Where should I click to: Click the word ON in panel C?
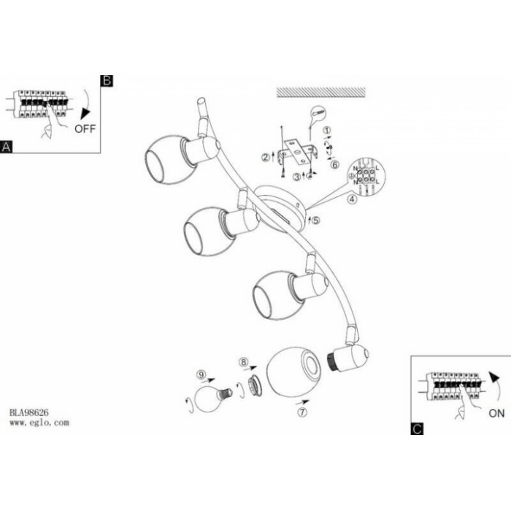pos(496,412)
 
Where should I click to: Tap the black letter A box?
pos(7,147)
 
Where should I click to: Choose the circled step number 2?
pos(266,156)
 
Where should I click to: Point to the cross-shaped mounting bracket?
pos(299,155)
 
